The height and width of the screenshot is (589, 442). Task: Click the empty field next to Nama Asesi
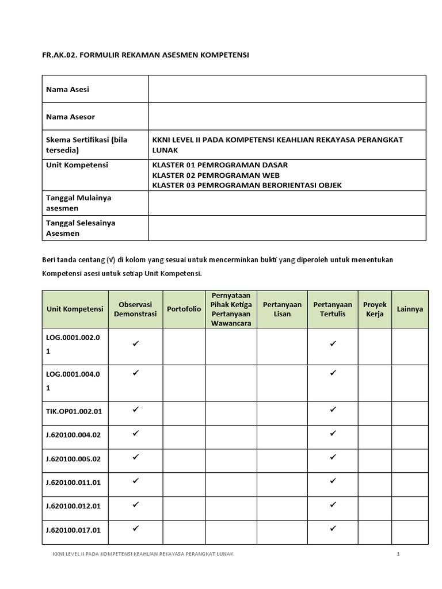pyautogui.click(x=287, y=89)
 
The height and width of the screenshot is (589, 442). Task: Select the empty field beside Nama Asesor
pyautogui.click(x=287, y=117)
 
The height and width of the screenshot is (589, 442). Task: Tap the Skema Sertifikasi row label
pyautogui.click(x=94, y=145)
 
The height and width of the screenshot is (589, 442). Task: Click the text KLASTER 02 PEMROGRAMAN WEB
pyautogui.click(x=216, y=175)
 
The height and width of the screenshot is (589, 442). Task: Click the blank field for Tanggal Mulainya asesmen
pyautogui.click(x=287, y=202)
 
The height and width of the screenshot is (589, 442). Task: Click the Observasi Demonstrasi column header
pyautogui.click(x=135, y=309)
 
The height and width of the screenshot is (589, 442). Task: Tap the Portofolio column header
pyautogui.click(x=184, y=309)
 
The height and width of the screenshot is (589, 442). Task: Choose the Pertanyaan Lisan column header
pyautogui.click(x=282, y=309)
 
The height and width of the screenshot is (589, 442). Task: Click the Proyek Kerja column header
pyautogui.click(x=375, y=309)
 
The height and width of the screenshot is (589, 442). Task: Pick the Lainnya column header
pyautogui.click(x=410, y=309)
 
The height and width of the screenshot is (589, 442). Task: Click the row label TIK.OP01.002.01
pyautogui.click(x=74, y=412)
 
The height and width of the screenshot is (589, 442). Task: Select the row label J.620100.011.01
pyautogui.click(x=74, y=483)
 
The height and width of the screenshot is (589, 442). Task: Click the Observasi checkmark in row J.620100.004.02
pyautogui.click(x=136, y=433)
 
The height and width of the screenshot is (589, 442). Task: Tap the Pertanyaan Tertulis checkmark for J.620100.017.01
pyautogui.click(x=333, y=528)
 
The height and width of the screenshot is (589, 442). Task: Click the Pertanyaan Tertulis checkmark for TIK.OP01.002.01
pyautogui.click(x=333, y=410)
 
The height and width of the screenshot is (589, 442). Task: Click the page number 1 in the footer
pyautogui.click(x=398, y=554)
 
